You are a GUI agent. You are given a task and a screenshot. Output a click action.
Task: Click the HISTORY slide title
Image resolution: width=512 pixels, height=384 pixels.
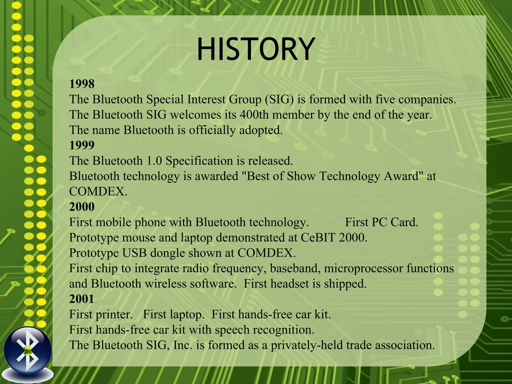pos(255,49)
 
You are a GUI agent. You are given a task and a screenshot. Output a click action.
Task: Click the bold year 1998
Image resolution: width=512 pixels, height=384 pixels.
pos(82,84)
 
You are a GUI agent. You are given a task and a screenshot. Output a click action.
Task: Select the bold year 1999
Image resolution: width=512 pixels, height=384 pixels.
pos(82,145)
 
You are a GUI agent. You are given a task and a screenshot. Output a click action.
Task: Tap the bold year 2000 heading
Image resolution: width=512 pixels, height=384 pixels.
pos(82,207)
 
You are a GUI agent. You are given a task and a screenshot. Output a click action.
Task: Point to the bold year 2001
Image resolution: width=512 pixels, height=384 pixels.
pos(81,299)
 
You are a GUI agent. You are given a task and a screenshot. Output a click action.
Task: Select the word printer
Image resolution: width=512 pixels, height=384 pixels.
pos(114,314)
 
